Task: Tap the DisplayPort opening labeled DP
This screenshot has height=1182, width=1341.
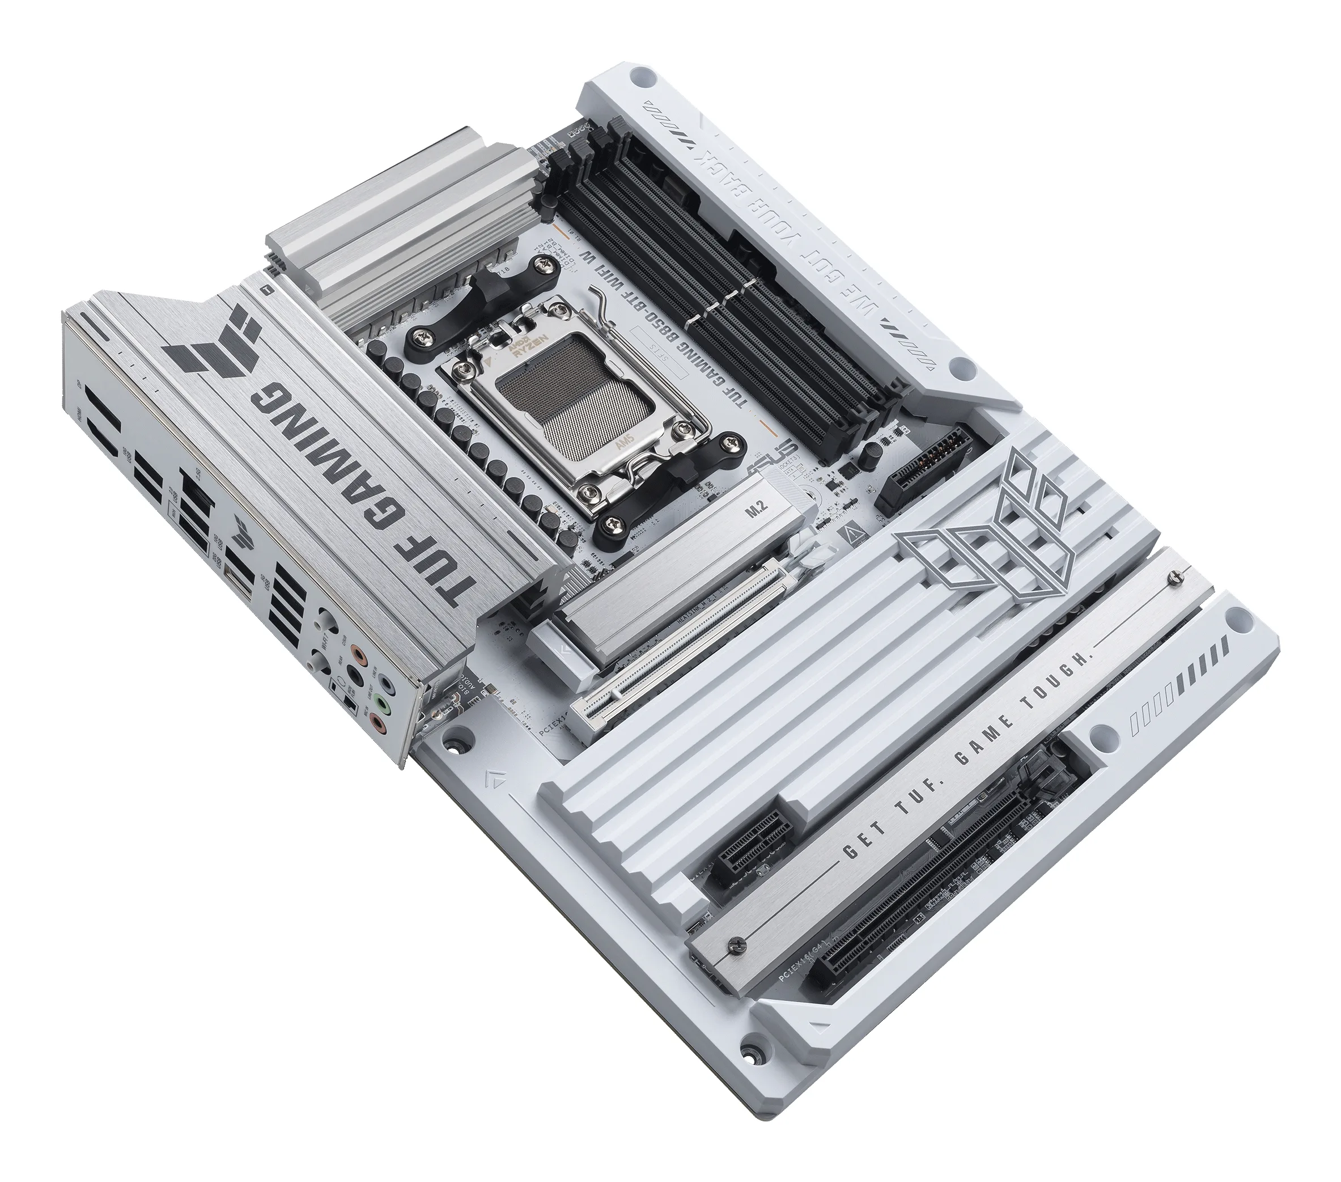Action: click(104, 408)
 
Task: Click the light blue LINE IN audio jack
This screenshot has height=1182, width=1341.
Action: click(387, 684)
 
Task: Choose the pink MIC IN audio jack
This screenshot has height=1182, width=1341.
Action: click(378, 725)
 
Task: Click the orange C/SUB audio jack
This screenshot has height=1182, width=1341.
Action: click(359, 655)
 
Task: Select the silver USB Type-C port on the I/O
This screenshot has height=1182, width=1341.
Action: click(238, 583)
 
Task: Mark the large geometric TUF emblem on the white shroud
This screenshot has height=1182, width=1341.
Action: click(984, 525)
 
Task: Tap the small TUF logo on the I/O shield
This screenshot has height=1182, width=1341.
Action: click(243, 533)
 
